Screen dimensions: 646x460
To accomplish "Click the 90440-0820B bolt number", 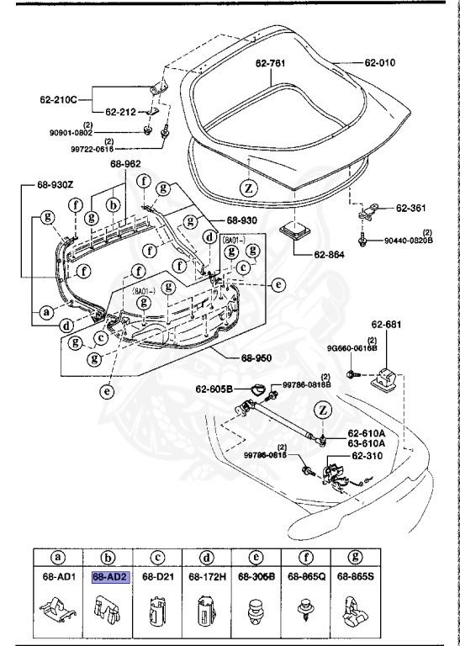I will pyautogui.click(x=409, y=240).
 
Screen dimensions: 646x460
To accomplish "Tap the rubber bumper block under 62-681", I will pyautogui.click(x=387, y=378).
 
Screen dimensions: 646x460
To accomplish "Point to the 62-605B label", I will pyautogui.click(x=215, y=389).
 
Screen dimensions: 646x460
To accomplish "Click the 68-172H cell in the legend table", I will pyautogui.click(x=208, y=577).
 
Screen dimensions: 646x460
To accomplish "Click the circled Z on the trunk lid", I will pyautogui.click(x=249, y=187).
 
